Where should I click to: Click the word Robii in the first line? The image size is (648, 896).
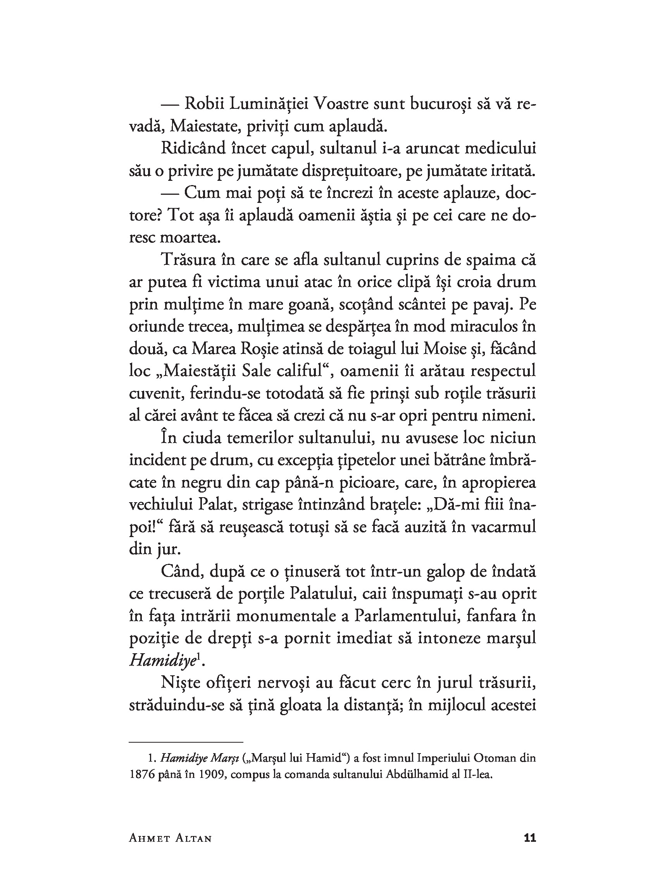tap(205, 104)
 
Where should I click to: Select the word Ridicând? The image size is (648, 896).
tap(193, 149)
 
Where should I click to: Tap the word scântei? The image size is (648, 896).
tap(423, 305)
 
